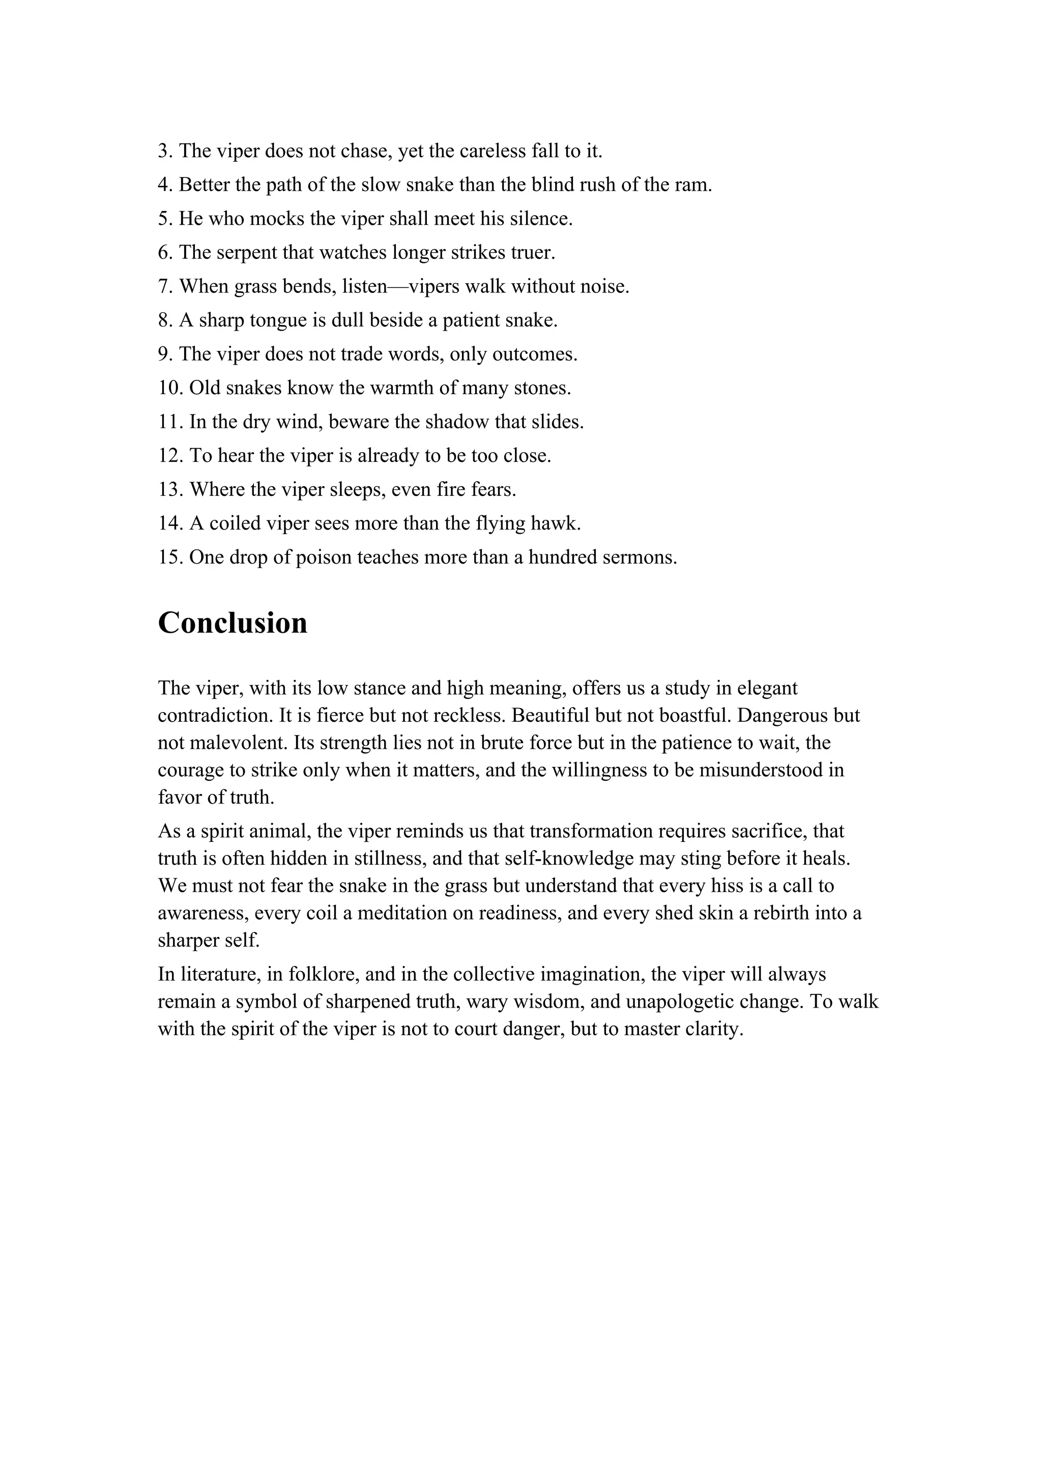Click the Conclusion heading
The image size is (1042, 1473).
[x=233, y=623]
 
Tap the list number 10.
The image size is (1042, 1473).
[x=170, y=388]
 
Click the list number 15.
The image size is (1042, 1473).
[x=170, y=557]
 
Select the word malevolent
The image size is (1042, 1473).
[x=233, y=743]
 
